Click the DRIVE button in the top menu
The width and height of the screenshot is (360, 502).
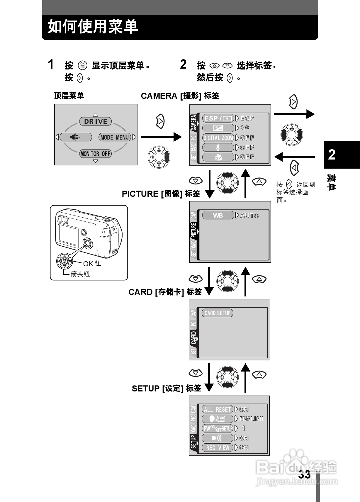(96, 121)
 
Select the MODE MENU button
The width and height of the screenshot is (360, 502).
(115, 137)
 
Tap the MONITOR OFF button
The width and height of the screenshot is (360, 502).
(96, 153)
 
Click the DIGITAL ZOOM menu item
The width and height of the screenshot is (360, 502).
(218, 138)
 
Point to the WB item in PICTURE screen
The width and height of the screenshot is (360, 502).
(218, 215)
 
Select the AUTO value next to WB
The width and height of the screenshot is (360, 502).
(249, 215)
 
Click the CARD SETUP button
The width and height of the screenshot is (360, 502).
(218, 313)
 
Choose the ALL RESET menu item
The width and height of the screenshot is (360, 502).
(218, 409)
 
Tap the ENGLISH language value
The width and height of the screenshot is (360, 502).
(251, 419)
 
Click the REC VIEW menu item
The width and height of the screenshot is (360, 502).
(218, 448)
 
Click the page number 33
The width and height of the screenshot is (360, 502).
(304, 474)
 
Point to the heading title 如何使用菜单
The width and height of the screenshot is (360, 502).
(93, 27)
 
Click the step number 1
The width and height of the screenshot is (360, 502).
(51, 65)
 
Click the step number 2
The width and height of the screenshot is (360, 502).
(183, 65)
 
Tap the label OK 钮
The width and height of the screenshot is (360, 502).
(92, 264)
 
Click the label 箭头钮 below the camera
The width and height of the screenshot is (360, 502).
(80, 274)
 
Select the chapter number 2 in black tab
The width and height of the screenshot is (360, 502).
(332, 155)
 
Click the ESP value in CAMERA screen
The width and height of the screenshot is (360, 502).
(247, 118)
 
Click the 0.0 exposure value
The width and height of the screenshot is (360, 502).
(244, 128)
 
